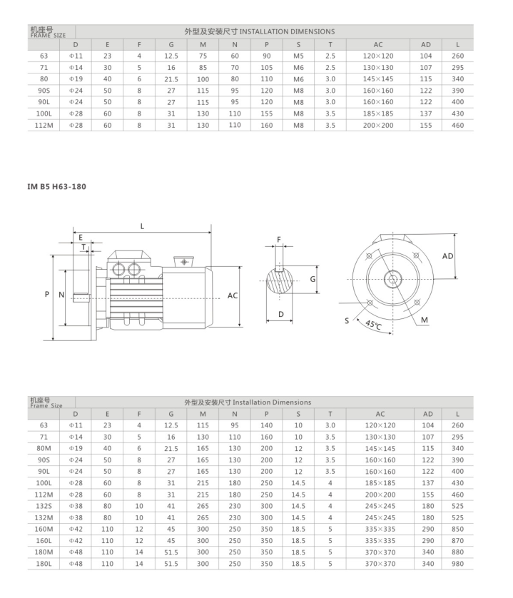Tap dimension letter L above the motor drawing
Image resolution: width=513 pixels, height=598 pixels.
pyautogui.click(x=142, y=226)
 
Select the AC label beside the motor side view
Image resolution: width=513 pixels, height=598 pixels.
pyautogui.click(x=232, y=295)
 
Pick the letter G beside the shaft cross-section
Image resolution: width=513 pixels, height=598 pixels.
pyautogui.click(x=313, y=279)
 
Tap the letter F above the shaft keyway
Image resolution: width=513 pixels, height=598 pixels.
pyautogui.click(x=279, y=239)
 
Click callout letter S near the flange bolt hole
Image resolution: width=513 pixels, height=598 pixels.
pyautogui.click(x=347, y=321)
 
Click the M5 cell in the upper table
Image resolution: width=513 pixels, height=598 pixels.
pyautogui.click(x=298, y=56)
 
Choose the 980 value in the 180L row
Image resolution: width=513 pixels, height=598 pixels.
pyautogui.click(x=457, y=564)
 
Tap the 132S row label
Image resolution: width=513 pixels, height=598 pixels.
pyautogui.click(x=44, y=506)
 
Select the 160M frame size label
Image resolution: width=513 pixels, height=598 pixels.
pyautogui.click(x=44, y=529)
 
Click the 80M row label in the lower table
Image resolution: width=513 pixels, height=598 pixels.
pyautogui.click(x=44, y=448)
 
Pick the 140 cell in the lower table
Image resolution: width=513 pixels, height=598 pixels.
pyautogui.click(x=266, y=425)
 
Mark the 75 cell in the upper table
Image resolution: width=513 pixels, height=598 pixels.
pyautogui.click(x=203, y=56)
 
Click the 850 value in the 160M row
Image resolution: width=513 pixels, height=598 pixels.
pyautogui.click(x=457, y=529)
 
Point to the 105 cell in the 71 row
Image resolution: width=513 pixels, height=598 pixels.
pyautogui.click(x=266, y=67)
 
